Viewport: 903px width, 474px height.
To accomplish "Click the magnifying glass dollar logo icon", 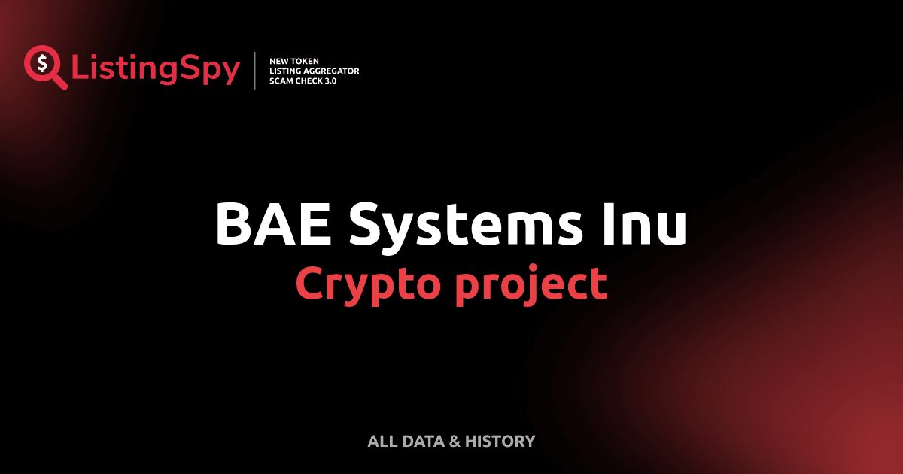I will (44, 65).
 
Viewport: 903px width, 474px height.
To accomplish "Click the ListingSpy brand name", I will (156, 69).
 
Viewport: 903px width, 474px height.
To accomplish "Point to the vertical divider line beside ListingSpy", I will (256, 71).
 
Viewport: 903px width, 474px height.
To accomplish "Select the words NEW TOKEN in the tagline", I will (294, 60).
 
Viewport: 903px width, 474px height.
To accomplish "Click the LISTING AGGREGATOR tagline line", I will (314, 71).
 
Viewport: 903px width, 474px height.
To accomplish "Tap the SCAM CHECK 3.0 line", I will (303, 81).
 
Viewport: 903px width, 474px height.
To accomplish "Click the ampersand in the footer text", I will (454, 441).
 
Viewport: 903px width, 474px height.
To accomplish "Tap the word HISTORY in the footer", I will (500, 441).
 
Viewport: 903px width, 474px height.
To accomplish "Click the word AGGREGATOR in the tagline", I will (332, 71).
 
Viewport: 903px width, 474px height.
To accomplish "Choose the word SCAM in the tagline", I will (283, 81).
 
